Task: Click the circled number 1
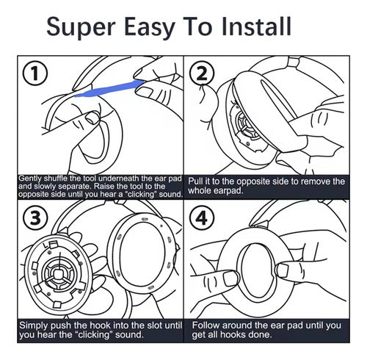(34, 73)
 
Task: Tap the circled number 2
(202, 74)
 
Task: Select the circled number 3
(35, 217)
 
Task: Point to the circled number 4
(202, 217)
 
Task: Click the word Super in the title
(81, 27)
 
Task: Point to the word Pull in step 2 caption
(195, 181)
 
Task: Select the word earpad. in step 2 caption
(228, 190)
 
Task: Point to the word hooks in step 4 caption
(245, 334)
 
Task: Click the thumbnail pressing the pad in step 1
(92, 118)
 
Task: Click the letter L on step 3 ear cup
(45, 245)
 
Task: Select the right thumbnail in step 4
(283, 270)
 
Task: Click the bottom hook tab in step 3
(57, 304)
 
